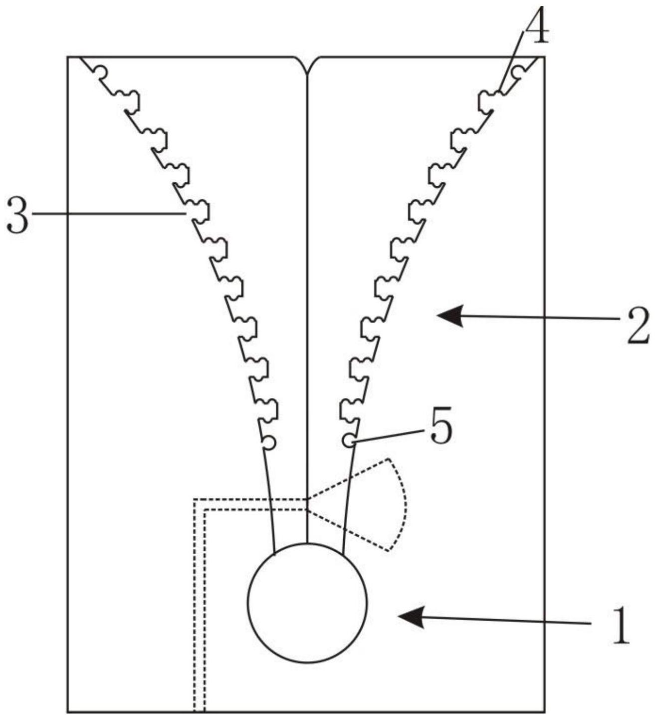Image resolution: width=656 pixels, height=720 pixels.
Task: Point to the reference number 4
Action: coord(536,25)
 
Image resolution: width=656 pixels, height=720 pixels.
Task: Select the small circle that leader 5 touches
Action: coord(348,440)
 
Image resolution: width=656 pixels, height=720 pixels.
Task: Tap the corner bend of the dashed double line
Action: coord(200,504)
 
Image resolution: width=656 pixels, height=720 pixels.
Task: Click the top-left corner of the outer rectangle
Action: coord(68,57)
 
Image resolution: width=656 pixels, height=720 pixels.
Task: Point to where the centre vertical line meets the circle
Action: coord(307,543)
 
